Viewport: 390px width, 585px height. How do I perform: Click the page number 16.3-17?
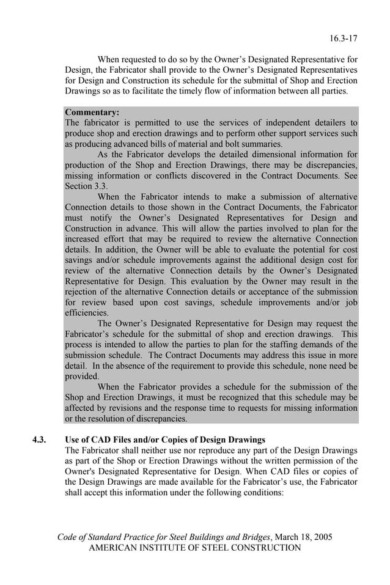click(344, 38)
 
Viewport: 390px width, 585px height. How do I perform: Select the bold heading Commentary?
click(92, 112)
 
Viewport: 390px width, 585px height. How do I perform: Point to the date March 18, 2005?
click(304, 537)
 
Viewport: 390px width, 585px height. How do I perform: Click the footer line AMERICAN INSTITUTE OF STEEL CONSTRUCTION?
click(195, 548)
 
